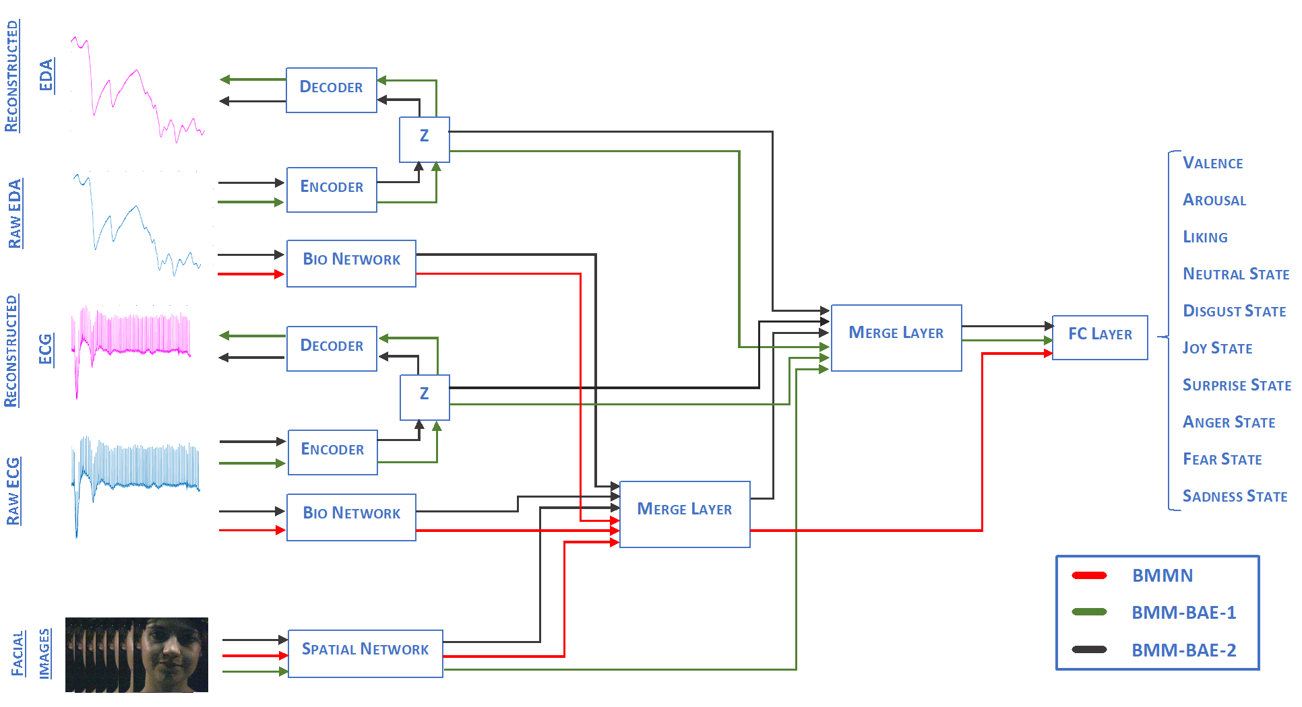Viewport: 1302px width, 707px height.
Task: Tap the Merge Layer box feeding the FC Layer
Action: click(x=896, y=337)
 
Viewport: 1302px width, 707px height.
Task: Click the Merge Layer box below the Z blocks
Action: click(x=684, y=514)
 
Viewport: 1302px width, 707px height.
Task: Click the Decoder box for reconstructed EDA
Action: click(x=331, y=90)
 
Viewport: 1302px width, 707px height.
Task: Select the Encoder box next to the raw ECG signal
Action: click(x=332, y=452)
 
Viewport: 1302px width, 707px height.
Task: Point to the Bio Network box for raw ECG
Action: click(x=351, y=516)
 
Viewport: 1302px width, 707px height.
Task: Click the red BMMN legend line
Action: click(x=1089, y=575)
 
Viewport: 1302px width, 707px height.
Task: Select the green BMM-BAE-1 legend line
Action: click(x=1089, y=612)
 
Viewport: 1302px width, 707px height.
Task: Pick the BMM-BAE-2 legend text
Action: click(x=1183, y=650)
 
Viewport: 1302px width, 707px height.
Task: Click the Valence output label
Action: click(x=1212, y=163)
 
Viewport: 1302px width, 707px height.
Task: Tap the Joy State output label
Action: click(x=1217, y=348)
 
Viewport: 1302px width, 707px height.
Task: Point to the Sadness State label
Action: click(x=1235, y=496)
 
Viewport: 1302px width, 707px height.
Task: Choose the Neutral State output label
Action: click(x=1236, y=274)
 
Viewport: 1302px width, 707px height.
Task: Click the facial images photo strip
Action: click(x=137, y=654)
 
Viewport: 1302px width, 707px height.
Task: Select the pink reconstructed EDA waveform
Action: click(x=135, y=88)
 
